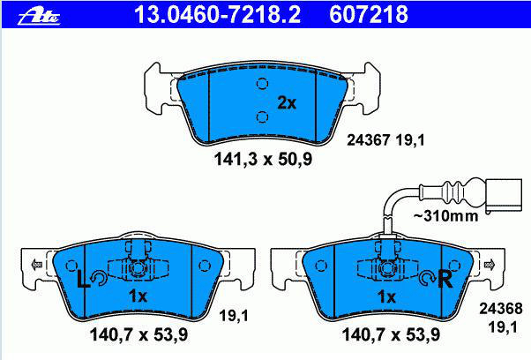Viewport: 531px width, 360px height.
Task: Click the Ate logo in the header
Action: (39, 17)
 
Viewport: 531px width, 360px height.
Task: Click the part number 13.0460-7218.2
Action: (217, 15)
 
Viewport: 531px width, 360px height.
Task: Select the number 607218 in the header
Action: (369, 15)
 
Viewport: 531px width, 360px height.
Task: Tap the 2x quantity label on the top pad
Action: (287, 102)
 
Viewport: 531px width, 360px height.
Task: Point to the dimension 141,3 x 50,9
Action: (263, 159)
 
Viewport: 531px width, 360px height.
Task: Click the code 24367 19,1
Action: (385, 140)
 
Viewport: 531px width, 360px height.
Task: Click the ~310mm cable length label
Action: (446, 215)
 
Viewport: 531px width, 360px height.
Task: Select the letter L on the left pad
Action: (82, 279)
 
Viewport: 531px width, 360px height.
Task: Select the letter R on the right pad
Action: (445, 279)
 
